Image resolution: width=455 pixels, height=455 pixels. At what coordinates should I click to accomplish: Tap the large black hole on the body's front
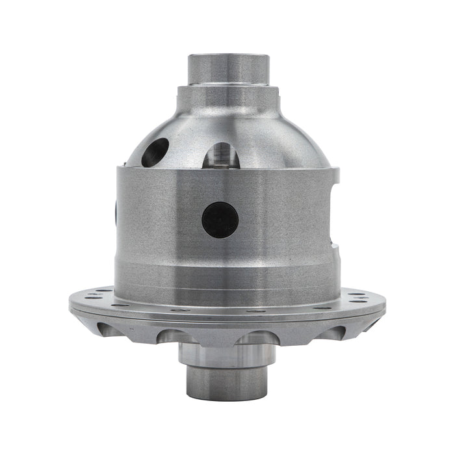pyautogui.click(x=220, y=220)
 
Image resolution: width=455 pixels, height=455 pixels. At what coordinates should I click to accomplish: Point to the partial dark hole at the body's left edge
pyautogui.click(x=116, y=212)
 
